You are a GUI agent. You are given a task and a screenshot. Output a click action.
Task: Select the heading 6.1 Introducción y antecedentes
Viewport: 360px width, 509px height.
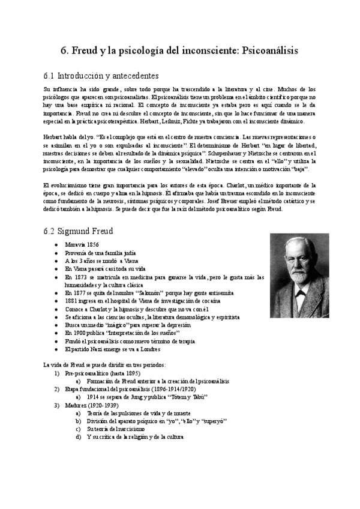(x=101, y=76)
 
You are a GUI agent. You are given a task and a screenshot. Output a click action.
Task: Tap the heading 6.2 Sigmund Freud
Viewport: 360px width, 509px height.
(x=79, y=231)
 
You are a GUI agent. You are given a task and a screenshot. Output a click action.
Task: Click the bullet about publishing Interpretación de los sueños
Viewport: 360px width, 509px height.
(x=123, y=332)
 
